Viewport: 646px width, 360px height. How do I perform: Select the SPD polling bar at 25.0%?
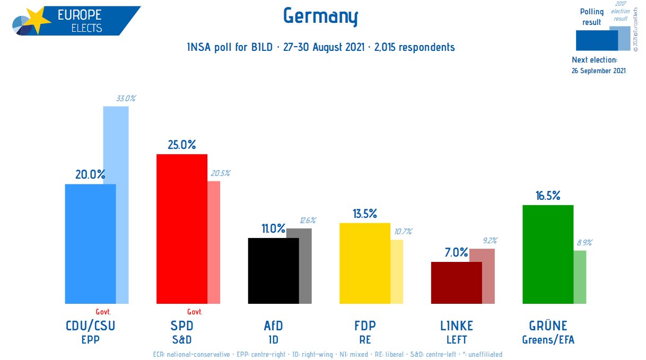pos(181,228)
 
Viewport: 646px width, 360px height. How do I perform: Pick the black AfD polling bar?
pos(273,270)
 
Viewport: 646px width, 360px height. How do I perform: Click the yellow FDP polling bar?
pos(364,262)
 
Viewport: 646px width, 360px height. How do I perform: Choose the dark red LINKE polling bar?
pos(456,282)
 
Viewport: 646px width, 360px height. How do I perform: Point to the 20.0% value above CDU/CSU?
pos(90,174)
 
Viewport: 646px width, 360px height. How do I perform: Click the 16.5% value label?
pos(548,196)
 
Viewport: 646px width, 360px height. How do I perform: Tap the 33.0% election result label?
pos(126,98)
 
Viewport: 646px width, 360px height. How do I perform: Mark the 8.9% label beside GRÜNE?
pos(584,242)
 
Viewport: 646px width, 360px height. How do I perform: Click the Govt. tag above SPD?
pos(195,312)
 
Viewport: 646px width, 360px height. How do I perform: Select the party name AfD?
pos(273,326)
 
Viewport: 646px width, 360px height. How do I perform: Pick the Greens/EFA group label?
pos(548,340)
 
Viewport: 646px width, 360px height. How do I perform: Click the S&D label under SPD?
pos(181,340)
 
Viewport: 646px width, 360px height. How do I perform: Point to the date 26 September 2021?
pos(599,71)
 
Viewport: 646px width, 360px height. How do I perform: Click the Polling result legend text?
pos(591,17)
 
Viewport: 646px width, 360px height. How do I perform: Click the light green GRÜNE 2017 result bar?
pos(580,277)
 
